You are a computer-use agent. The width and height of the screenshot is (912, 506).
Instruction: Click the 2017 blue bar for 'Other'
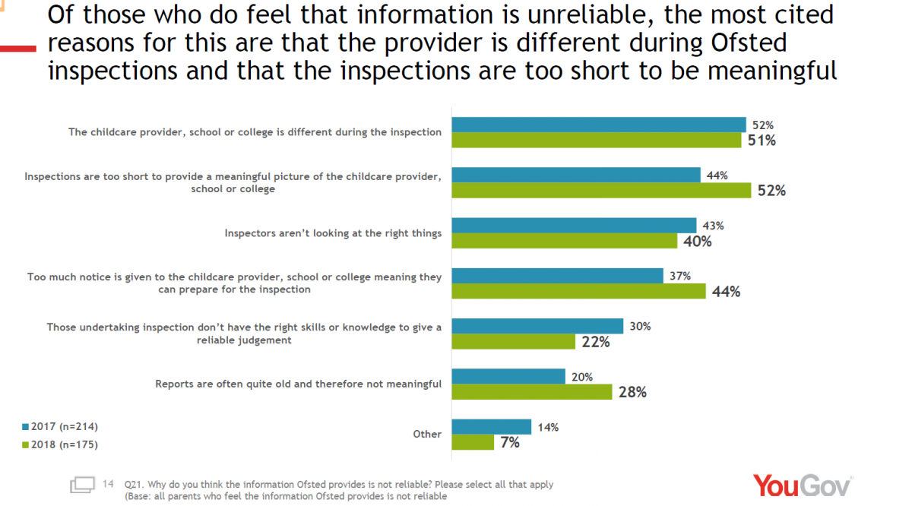point(491,426)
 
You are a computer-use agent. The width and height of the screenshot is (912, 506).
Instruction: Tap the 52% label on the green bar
point(771,191)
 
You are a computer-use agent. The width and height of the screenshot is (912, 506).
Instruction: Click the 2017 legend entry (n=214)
point(61,426)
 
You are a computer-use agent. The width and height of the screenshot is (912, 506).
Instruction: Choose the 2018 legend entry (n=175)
point(61,444)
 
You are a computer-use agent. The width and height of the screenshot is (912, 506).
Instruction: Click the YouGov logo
point(802,485)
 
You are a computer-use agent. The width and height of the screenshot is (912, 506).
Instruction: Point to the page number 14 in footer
point(108,483)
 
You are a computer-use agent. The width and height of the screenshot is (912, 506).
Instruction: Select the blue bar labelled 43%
point(574,225)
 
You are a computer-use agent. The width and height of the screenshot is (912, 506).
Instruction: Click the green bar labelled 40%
point(564,241)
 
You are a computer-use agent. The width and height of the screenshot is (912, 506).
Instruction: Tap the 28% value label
point(632,392)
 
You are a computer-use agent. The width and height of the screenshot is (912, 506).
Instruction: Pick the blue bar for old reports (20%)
point(508,376)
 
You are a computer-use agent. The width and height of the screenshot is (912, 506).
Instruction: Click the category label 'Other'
point(426,434)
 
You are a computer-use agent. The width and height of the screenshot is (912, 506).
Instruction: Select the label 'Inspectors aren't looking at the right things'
point(333,233)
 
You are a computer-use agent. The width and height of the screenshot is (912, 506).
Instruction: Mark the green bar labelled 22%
point(514,342)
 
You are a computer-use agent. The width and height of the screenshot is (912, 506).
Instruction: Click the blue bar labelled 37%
point(557,275)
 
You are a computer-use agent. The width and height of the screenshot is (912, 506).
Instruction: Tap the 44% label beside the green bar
point(725,292)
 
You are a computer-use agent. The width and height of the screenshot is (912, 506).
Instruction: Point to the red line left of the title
point(17,48)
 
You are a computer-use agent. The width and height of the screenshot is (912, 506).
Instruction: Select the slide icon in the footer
point(82,485)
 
